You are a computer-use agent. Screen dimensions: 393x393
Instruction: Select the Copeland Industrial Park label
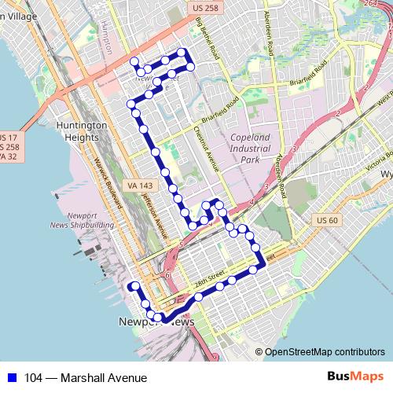[x=250, y=148]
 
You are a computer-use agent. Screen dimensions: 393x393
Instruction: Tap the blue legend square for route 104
[x=12, y=378]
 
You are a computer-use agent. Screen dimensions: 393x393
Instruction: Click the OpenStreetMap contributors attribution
[x=324, y=352]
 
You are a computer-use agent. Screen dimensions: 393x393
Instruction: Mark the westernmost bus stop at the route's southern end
[x=134, y=286]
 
